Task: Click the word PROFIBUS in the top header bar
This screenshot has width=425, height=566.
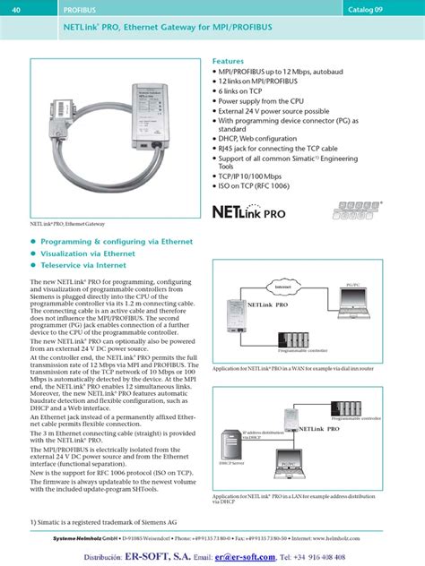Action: pyautogui.click(x=79, y=8)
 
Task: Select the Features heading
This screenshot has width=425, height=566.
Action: pyautogui.click(x=228, y=61)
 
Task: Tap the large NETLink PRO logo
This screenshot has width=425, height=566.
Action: pyautogui.click(x=259, y=213)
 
